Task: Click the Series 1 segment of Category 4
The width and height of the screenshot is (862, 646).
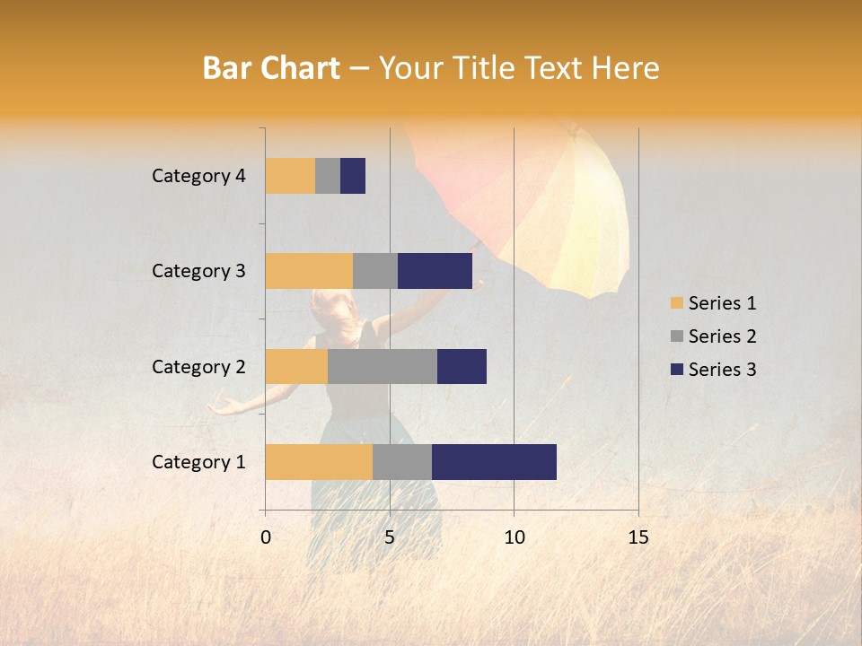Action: [290, 176]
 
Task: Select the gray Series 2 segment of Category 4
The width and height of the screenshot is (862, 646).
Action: [328, 176]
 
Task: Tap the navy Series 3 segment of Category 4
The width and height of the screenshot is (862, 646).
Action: [353, 176]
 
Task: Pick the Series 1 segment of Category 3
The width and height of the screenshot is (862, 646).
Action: [309, 271]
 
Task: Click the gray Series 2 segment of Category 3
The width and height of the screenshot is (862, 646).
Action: [375, 271]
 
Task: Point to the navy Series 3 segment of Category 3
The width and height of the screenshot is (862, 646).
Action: [435, 271]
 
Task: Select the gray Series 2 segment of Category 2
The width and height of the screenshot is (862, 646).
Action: [383, 366]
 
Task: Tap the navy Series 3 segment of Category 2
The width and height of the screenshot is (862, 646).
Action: [462, 366]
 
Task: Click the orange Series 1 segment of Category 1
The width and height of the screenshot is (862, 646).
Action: [319, 461]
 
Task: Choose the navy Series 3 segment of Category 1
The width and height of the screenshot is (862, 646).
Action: [494, 461]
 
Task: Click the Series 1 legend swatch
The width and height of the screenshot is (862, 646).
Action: [676, 303]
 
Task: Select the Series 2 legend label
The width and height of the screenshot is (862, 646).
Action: [722, 336]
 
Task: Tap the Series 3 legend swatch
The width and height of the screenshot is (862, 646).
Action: [676, 370]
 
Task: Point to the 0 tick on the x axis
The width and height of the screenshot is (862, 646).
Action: [266, 537]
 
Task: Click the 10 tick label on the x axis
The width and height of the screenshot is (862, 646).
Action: [514, 537]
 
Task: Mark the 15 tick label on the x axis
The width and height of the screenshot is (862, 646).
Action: [638, 537]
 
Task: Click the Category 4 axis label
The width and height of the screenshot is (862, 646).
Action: [198, 176]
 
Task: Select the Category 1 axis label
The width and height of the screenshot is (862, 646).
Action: [198, 462]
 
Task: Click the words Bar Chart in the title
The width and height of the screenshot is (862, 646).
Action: [271, 68]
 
